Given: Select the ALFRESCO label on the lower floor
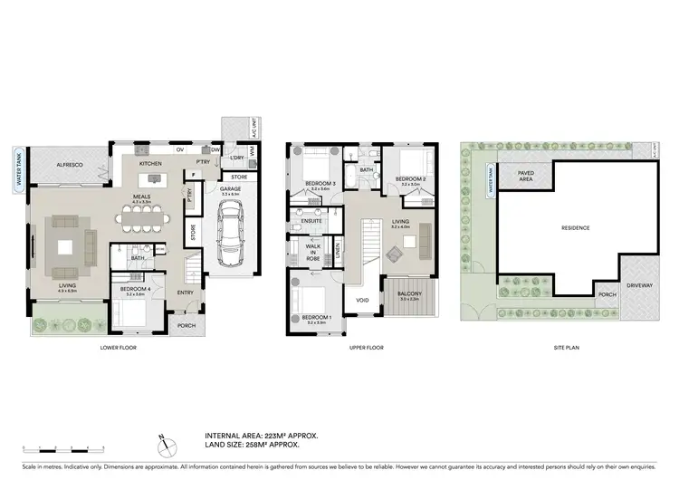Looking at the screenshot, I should pos(71,165).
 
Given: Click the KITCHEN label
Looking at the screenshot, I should pos(149,164).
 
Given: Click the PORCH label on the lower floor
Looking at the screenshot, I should pos(186,326).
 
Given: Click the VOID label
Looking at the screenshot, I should pos(362,300).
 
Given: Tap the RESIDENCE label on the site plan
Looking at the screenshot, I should pos(575,227).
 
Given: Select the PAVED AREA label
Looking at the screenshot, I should pos(525,177).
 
